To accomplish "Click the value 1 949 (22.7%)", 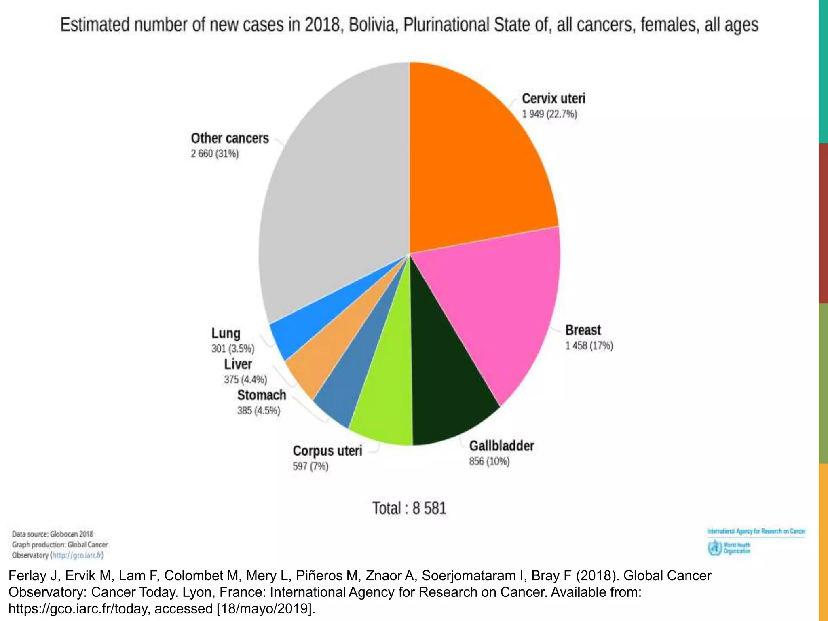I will point(549,114).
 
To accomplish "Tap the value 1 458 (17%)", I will point(589,346).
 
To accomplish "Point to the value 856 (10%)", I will point(489,462).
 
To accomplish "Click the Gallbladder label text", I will point(501,446).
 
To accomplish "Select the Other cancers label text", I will point(230,138).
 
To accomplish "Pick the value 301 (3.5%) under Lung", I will point(232,349).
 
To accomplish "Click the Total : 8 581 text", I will point(409,508).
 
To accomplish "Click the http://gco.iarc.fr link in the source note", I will point(77,555).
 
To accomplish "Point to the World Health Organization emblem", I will point(715,548).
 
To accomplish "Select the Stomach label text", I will point(262,395).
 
